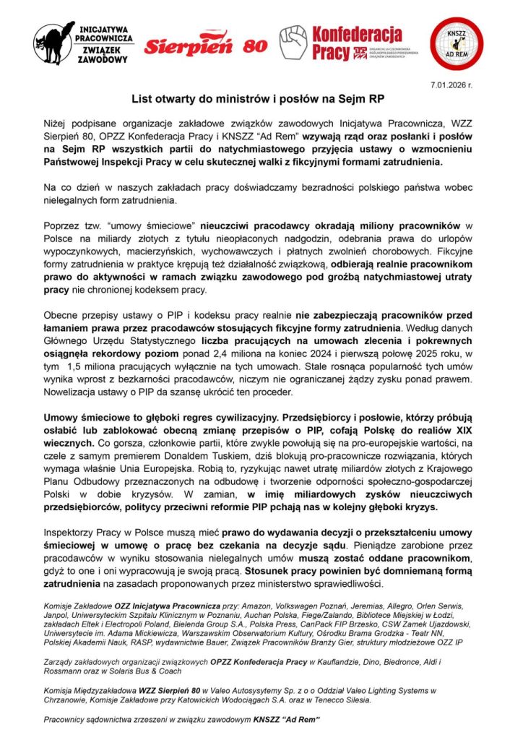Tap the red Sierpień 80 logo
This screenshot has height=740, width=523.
pos(205,45)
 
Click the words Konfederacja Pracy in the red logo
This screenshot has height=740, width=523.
pos(356,42)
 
